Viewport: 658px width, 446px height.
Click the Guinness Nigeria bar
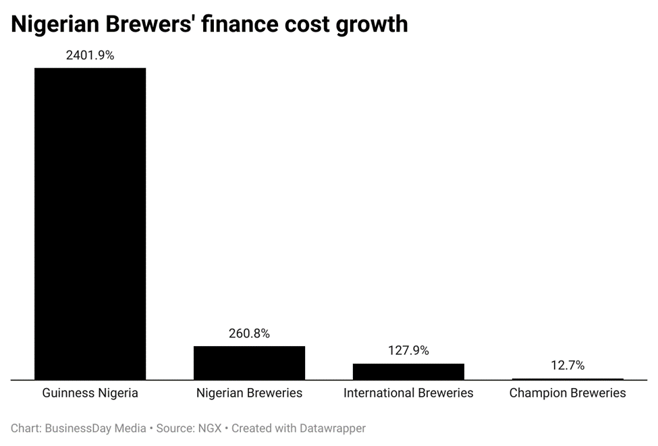90,223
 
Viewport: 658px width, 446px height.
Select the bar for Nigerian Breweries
249,363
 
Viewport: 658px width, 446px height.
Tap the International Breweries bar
408,372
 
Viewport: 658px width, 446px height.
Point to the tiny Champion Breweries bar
568,379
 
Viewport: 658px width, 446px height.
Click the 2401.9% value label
90,56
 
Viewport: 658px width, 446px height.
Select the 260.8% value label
249,333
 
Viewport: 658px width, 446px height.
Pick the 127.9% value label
408,351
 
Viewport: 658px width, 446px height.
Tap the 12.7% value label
568,366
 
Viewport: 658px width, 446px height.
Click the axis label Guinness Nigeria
90,393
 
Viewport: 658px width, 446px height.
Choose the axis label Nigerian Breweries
249,393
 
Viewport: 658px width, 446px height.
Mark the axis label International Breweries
408,393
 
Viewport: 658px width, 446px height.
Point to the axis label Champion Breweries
568,393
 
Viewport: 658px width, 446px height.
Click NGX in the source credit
210,428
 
